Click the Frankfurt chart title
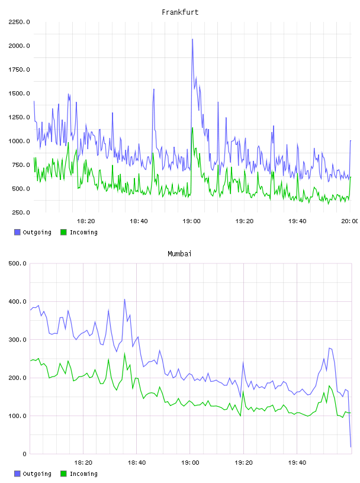(180, 12)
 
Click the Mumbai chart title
(179, 254)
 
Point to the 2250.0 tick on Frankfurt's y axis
(19, 22)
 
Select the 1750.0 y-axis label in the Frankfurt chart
(19, 70)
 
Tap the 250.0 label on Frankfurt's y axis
(21, 212)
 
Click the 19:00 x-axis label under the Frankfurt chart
(191, 221)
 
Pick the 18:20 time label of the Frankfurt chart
(86, 221)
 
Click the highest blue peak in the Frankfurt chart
(192, 39)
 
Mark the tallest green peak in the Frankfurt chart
(192, 128)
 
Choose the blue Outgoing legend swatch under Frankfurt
(17, 232)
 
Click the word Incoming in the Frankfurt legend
(83, 232)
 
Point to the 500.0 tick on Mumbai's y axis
(17, 263)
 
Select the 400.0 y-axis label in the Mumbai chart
(17, 301)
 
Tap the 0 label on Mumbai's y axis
(25, 454)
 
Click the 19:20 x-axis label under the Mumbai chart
(243, 463)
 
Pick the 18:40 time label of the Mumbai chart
(137, 463)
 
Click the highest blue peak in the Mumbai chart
(124, 299)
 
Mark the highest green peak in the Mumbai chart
(124, 353)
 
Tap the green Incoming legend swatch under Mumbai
(63, 474)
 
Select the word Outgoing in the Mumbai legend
(37, 474)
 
